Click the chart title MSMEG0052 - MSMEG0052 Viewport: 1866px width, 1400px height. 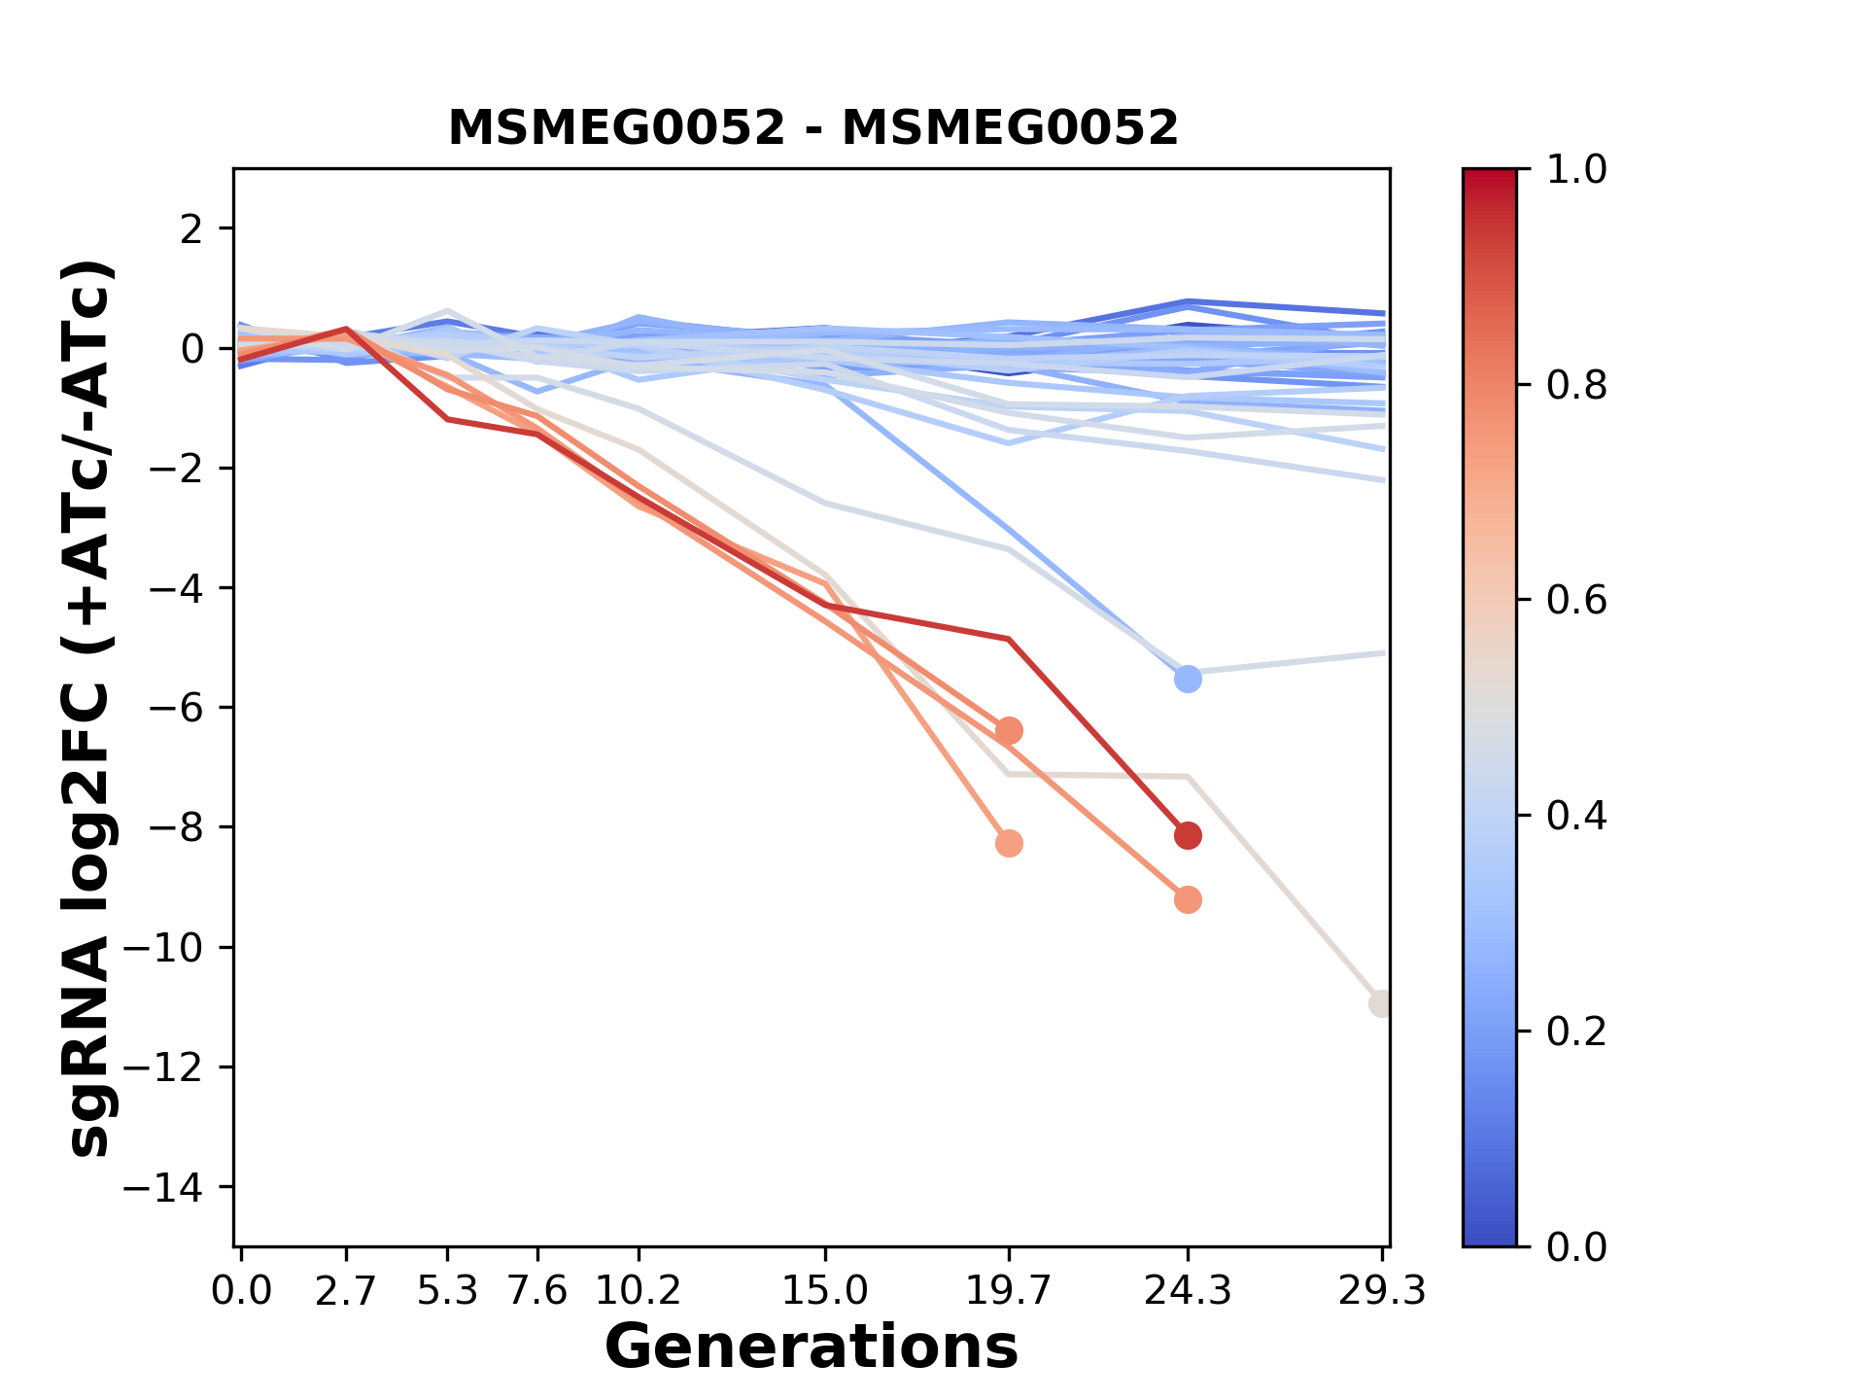pyautogui.click(x=812, y=128)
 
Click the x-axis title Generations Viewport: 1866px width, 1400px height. pyautogui.click(x=812, y=1347)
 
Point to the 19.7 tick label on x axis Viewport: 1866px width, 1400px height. pyautogui.click(x=1009, y=1291)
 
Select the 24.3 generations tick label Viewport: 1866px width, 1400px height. pyautogui.click(x=1188, y=1291)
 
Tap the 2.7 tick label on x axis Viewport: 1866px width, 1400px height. pyautogui.click(x=346, y=1291)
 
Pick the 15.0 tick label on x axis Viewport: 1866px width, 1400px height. pyautogui.click(x=825, y=1291)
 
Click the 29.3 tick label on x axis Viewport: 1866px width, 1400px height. pyautogui.click(x=1382, y=1291)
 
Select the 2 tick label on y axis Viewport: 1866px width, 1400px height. pyautogui.click(x=191, y=228)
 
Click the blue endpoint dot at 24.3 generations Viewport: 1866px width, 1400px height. pyautogui.click(x=1188, y=680)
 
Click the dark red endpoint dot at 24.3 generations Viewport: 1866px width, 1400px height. pyautogui.click(x=1188, y=835)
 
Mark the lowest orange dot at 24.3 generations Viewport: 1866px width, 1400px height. pyautogui.click(x=1188, y=900)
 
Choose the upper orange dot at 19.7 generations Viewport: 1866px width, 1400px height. pyautogui.click(x=1009, y=730)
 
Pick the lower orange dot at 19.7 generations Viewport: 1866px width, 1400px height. pyautogui.click(x=1009, y=843)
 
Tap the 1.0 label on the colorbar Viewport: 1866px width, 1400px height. pyautogui.click(x=1576, y=170)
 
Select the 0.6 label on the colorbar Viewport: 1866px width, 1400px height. pyautogui.click(x=1576, y=601)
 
